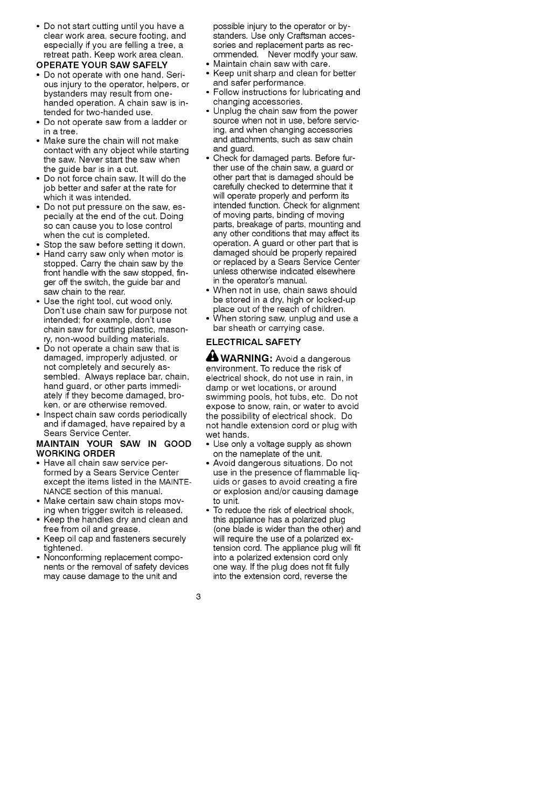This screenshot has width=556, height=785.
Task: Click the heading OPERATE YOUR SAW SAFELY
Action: [102, 65]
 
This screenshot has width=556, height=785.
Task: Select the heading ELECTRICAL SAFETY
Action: [253, 342]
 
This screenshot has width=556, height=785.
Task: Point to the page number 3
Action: [199, 597]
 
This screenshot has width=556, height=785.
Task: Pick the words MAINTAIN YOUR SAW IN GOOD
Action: [114, 444]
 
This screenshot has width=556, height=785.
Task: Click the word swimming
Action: [225, 397]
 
